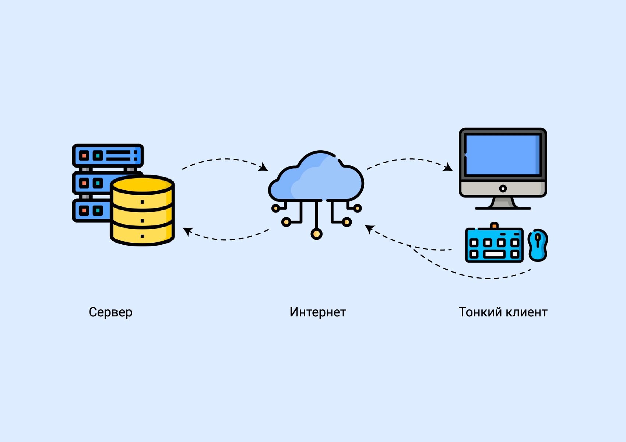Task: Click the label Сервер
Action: [x=110, y=312]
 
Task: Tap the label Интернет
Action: [x=318, y=312]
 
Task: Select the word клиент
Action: [x=526, y=312]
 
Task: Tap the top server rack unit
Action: [x=108, y=155]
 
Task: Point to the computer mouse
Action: [x=538, y=245]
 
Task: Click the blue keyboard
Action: [x=494, y=245]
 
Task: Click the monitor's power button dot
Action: [x=503, y=189]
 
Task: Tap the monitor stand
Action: [x=503, y=203]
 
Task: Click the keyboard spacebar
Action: [x=494, y=254]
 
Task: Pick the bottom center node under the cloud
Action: [x=316, y=234]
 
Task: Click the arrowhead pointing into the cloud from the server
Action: [x=264, y=168]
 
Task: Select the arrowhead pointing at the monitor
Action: [x=449, y=168]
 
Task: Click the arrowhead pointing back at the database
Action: [x=187, y=231]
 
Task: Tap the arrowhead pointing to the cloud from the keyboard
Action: [x=369, y=228]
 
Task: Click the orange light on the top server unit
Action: [x=84, y=156]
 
